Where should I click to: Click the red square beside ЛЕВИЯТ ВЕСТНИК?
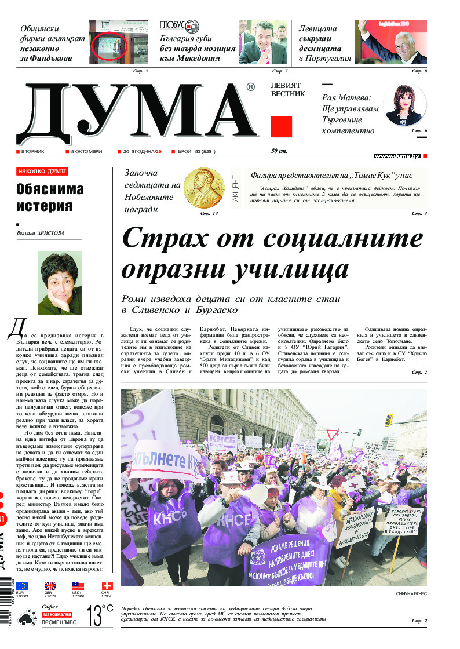coord(281,126)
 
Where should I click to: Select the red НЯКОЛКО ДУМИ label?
coord(42,172)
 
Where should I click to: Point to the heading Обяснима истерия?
coord(50,198)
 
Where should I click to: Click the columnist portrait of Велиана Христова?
coord(60,283)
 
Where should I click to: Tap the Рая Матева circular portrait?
coord(403,105)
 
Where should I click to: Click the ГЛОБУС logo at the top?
coord(179,26)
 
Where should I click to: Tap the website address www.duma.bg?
coord(397,156)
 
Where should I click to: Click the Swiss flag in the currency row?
coord(107,586)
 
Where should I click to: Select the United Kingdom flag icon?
coord(50,586)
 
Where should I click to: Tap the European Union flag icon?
coord(22,586)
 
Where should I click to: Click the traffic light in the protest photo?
coord(388,420)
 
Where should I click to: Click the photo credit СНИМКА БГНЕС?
coord(411,594)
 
